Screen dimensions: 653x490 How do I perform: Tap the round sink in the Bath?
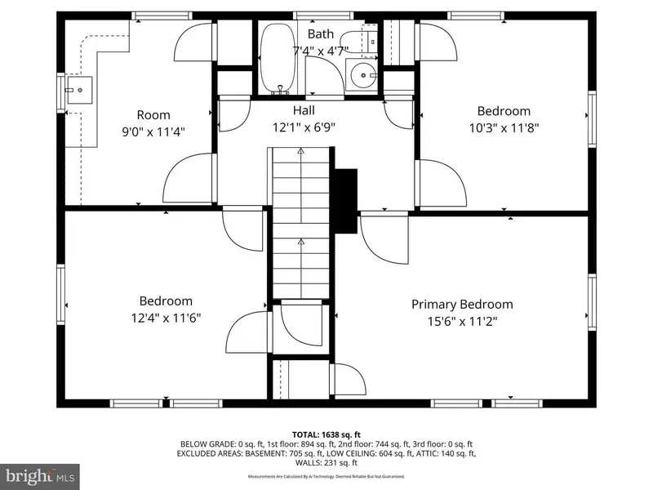[x=362, y=75]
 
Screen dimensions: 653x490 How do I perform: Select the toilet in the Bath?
[x=358, y=41]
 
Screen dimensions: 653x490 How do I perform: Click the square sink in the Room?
[x=79, y=90]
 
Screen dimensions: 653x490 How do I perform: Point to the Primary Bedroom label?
[x=462, y=304]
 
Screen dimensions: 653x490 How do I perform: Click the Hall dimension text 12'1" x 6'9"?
[x=304, y=127]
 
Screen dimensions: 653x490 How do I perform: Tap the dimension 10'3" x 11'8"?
[x=504, y=127]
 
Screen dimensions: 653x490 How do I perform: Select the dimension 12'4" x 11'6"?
[x=167, y=318]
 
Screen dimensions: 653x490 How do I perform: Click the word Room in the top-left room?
[x=153, y=114]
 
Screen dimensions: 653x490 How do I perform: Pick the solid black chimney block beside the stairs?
[x=345, y=201]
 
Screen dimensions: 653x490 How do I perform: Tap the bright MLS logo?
[x=39, y=476]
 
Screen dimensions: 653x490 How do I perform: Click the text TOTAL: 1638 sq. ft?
[x=326, y=435]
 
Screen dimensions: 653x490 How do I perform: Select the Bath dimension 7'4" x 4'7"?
[x=321, y=51]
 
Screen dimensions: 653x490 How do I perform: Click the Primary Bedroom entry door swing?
[x=384, y=238]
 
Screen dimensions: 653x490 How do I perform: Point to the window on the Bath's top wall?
[x=323, y=16]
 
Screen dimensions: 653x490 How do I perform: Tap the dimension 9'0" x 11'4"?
[x=153, y=131]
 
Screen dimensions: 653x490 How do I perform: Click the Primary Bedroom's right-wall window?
[x=592, y=301]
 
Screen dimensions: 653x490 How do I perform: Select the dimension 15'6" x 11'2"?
[x=462, y=321]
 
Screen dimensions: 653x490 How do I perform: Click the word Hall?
[x=304, y=110]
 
